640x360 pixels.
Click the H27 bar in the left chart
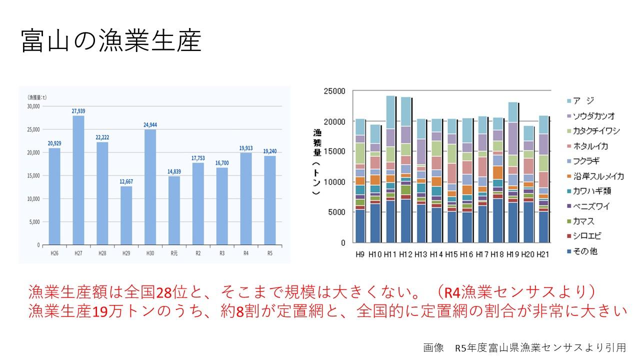[x=78, y=180]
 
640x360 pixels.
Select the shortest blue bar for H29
[x=126, y=215]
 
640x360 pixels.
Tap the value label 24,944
[x=150, y=125]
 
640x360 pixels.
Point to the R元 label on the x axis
[x=174, y=253]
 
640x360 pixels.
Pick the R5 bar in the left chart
[x=270, y=200]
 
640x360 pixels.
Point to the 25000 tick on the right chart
[x=334, y=91]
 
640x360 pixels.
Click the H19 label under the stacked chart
[x=512, y=254]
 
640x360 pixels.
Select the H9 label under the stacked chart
[x=360, y=254]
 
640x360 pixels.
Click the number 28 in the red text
[x=164, y=291]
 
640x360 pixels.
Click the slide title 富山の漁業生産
[x=111, y=41]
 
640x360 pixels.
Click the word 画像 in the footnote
[x=433, y=347]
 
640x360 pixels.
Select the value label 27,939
[x=78, y=111]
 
